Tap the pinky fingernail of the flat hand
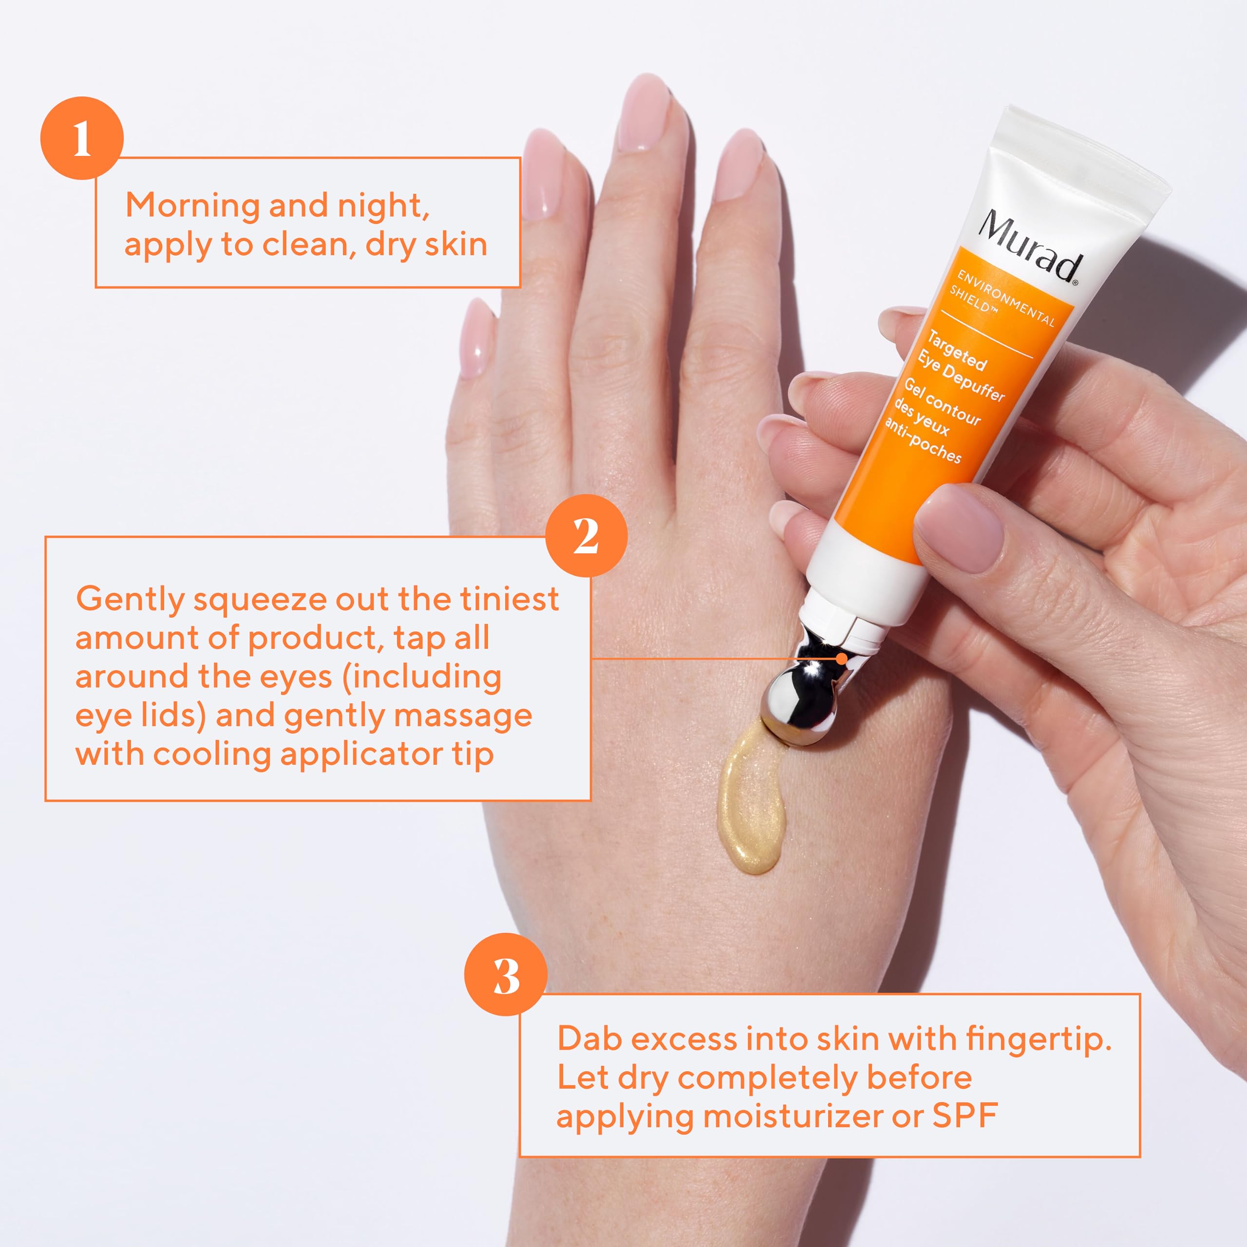(478, 339)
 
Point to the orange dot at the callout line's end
(842, 659)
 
